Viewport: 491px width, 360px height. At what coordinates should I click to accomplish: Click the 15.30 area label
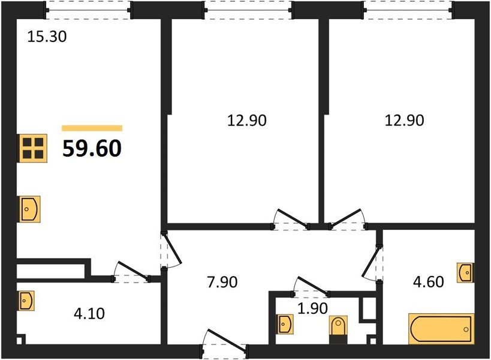coord(47,37)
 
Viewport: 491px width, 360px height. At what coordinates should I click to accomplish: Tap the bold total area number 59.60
coord(92,147)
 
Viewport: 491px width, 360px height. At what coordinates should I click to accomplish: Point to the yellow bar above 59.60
coord(92,128)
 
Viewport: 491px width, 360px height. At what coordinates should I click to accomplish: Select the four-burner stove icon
coord(32,148)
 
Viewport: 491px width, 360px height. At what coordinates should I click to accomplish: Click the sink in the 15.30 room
coord(29,209)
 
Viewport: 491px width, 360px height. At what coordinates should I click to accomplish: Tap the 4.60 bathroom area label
coord(429,281)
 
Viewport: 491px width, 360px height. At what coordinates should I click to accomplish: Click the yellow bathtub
coord(440,328)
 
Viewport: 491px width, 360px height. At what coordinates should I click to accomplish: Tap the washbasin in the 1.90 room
coord(285,325)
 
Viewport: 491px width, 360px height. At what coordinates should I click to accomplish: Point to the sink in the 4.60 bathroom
coord(465,272)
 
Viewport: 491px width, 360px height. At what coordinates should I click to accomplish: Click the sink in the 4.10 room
coord(26,299)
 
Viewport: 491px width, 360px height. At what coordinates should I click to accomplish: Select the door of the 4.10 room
coord(130,272)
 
